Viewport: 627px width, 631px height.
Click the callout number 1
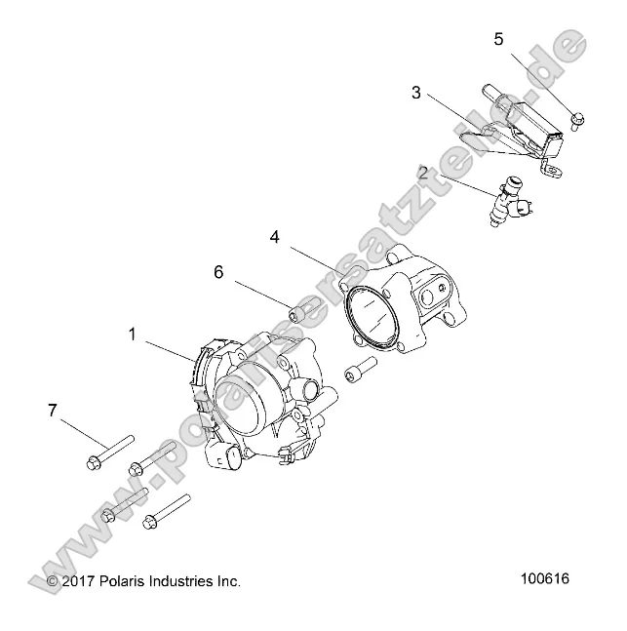[x=134, y=334]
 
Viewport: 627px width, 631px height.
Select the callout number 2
[x=423, y=174]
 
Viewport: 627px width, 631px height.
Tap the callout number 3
[x=416, y=94]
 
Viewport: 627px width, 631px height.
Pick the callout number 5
[x=498, y=40]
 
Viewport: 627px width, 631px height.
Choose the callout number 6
[x=218, y=272]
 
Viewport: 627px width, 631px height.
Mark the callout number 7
[x=52, y=412]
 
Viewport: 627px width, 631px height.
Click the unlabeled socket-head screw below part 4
[x=358, y=373]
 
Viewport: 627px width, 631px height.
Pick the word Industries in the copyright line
[x=186, y=581]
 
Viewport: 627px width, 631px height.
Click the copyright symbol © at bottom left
[x=53, y=582]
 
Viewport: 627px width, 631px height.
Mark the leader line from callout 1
[x=168, y=350]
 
